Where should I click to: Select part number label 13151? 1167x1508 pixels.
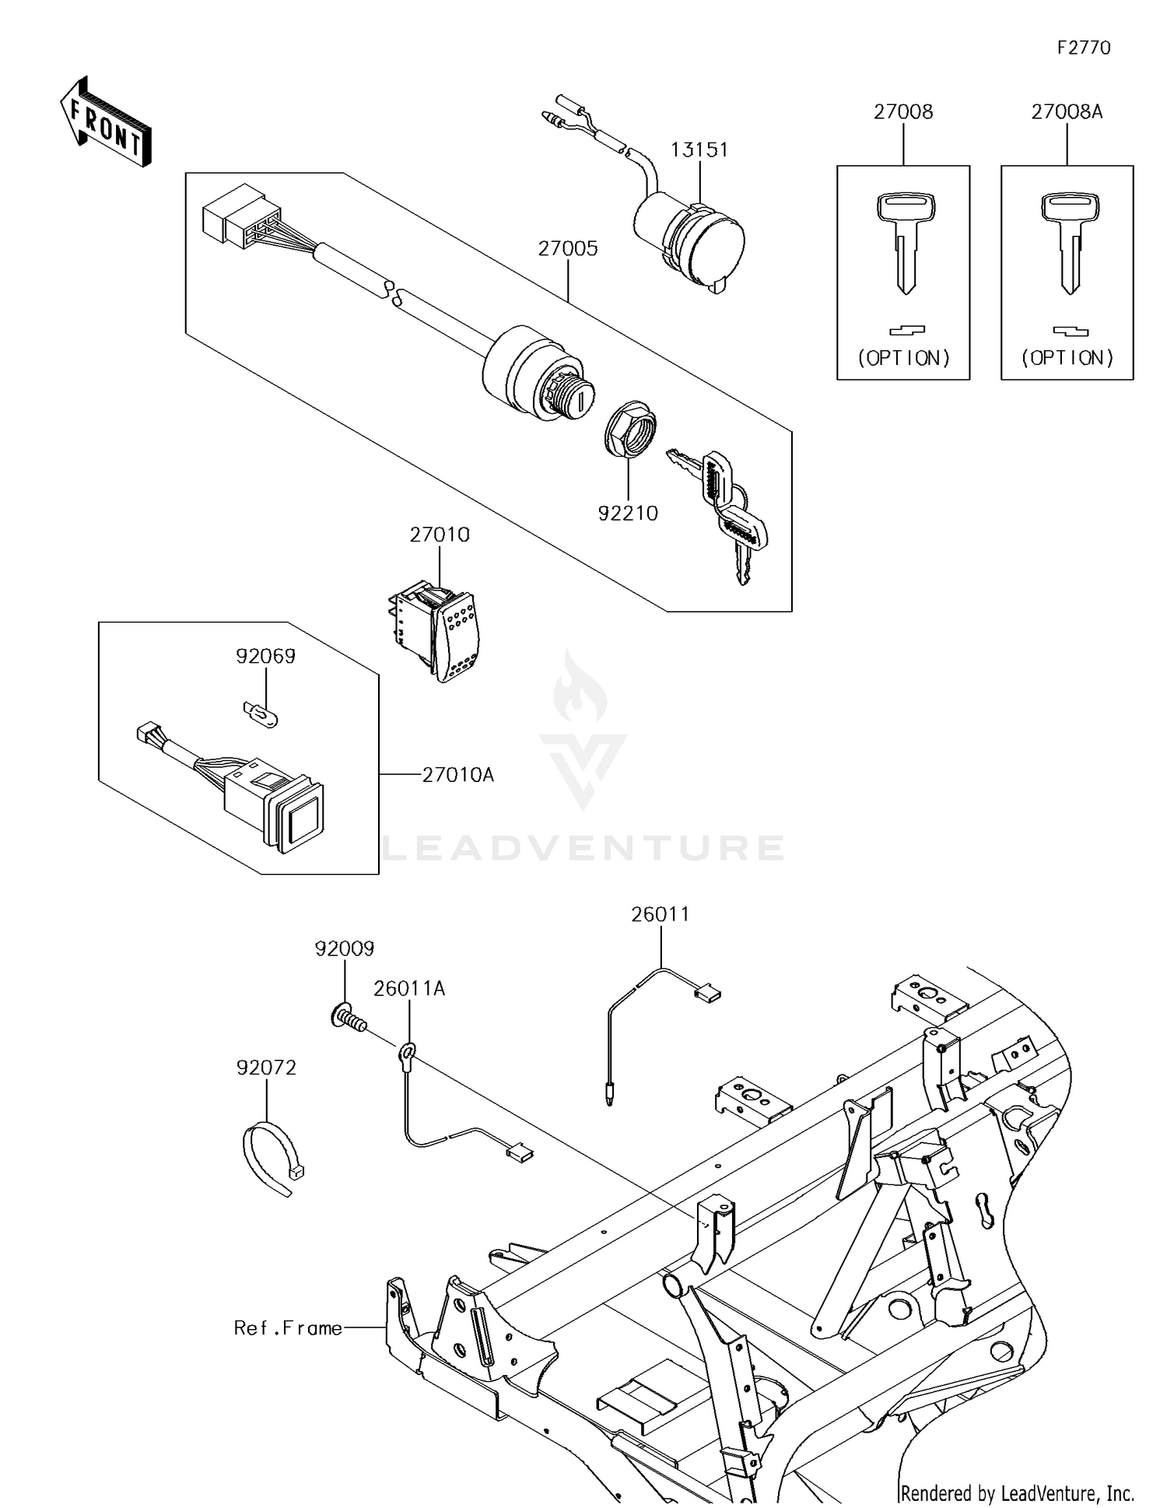(x=699, y=149)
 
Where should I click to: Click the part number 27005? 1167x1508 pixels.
(x=568, y=248)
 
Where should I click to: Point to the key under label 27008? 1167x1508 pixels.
(x=904, y=241)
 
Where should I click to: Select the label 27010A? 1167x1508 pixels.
(x=458, y=775)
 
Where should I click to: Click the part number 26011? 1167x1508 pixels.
(x=660, y=914)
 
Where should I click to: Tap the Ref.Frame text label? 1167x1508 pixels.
(x=288, y=1327)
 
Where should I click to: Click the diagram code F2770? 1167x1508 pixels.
(x=1084, y=48)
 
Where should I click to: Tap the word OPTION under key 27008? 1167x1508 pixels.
(x=904, y=358)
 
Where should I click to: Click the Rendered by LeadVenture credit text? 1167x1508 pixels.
(x=1017, y=1493)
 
